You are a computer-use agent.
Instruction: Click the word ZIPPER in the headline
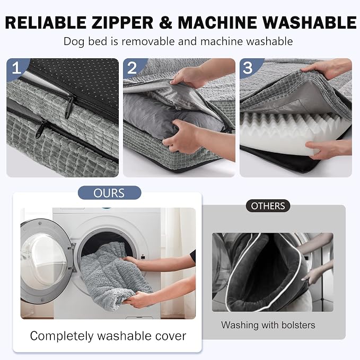click(x=122, y=22)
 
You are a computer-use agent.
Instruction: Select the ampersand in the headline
click(x=165, y=22)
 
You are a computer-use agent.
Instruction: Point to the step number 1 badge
click(x=16, y=68)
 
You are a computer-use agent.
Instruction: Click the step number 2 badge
click(x=132, y=68)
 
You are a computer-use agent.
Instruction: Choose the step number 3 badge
click(x=248, y=68)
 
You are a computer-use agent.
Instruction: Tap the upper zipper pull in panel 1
click(x=70, y=106)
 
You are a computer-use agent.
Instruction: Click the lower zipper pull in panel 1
click(x=41, y=129)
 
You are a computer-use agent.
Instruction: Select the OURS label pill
click(x=110, y=193)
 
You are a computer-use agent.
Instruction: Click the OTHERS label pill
click(x=268, y=206)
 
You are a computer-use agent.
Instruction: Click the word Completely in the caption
click(x=62, y=336)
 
